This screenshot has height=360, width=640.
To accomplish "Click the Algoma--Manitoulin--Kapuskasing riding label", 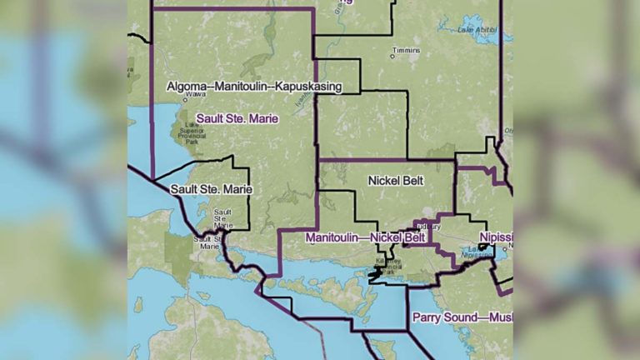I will [x=253, y=87].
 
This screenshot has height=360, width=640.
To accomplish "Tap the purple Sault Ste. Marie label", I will [x=237, y=119].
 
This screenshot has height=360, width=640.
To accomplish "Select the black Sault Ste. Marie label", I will [x=211, y=190].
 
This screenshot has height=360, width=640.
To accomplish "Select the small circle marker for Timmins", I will [x=393, y=57].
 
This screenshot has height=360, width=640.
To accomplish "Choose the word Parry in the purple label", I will [x=427, y=317].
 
